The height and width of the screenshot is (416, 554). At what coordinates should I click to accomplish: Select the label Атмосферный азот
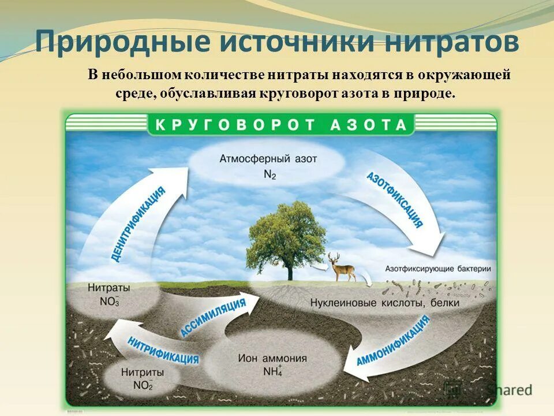[x=268, y=158]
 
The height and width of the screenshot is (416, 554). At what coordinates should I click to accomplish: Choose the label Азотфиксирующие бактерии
[x=437, y=269]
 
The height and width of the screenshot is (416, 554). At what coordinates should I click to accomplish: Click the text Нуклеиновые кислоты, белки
[x=384, y=302]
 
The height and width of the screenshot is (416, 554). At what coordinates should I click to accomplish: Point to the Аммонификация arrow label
[x=393, y=341]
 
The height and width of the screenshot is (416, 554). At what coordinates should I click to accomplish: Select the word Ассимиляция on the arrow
[x=213, y=318]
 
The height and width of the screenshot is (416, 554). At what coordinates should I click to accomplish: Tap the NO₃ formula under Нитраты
[x=110, y=301]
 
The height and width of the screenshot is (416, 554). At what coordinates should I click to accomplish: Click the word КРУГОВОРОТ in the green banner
[x=233, y=124]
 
